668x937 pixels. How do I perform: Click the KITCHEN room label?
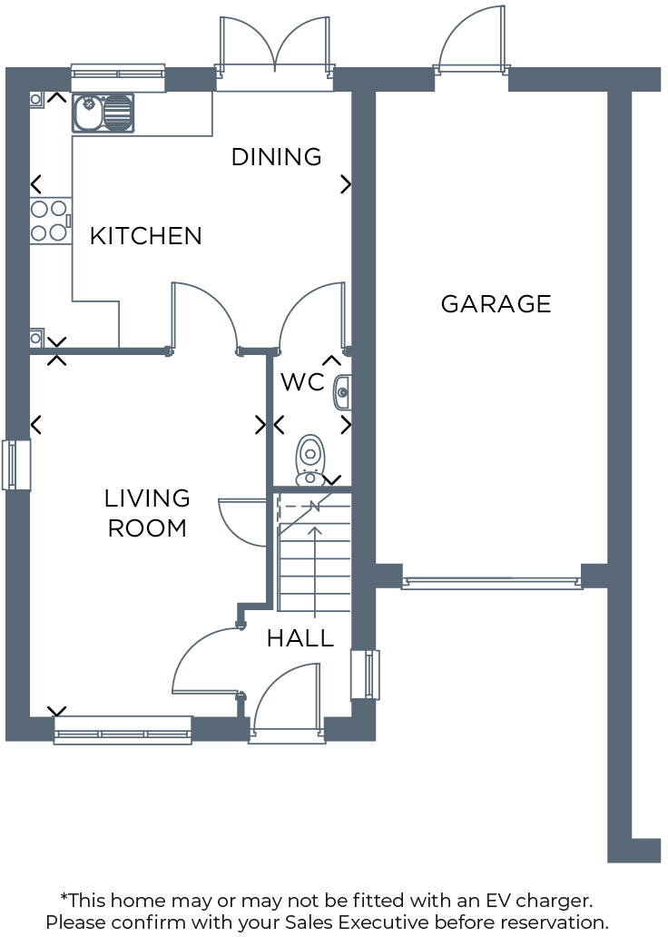[145, 236]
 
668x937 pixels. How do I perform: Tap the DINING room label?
[276, 157]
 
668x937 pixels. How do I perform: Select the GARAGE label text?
[496, 303]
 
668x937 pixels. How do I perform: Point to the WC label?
[301, 382]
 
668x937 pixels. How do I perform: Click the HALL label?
[300, 638]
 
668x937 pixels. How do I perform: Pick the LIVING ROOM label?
[147, 513]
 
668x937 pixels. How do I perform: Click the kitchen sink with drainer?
[103, 113]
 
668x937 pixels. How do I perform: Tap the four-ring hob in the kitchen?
[51, 221]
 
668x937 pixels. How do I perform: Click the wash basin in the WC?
[343, 392]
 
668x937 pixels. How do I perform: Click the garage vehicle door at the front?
[491, 583]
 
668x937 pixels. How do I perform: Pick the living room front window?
[123, 730]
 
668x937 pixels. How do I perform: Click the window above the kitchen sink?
[118, 78]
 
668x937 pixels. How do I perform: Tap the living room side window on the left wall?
[16, 465]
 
